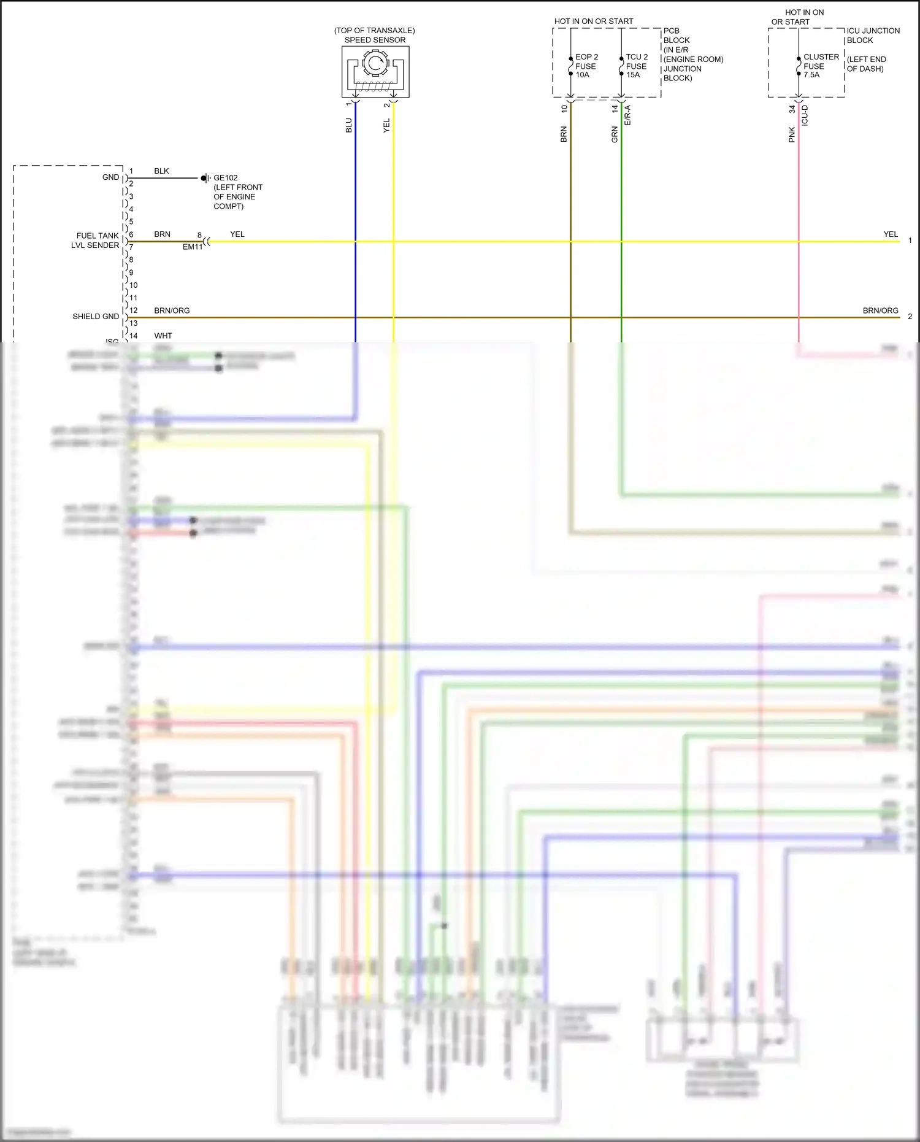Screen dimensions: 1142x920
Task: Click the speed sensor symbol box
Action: [375, 72]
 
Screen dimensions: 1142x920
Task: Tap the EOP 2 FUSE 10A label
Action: [586, 66]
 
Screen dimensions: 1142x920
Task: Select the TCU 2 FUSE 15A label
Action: [636, 66]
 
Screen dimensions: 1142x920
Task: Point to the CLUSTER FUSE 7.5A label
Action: [820, 66]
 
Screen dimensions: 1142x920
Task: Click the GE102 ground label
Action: [226, 178]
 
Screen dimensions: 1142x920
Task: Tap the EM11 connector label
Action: [192, 247]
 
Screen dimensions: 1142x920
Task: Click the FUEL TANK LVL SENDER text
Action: [96, 241]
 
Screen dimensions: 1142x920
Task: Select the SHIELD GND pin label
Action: [96, 317]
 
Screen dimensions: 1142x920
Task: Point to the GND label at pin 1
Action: [110, 177]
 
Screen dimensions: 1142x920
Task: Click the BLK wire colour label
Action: [161, 171]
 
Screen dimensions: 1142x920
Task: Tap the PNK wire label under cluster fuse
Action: [792, 135]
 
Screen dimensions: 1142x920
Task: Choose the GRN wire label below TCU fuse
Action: [615, 135]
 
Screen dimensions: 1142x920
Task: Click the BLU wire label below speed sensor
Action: [349, 126]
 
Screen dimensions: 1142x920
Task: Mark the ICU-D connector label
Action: [805, 115]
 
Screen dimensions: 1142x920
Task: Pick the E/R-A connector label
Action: [627, 115]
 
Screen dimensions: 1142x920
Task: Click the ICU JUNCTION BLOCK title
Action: [873, 36]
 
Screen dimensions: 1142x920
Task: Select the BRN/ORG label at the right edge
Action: [880, 311]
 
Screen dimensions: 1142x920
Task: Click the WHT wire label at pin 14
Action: [163, 336]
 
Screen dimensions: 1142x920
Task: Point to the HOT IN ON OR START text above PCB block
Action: [594, 21]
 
